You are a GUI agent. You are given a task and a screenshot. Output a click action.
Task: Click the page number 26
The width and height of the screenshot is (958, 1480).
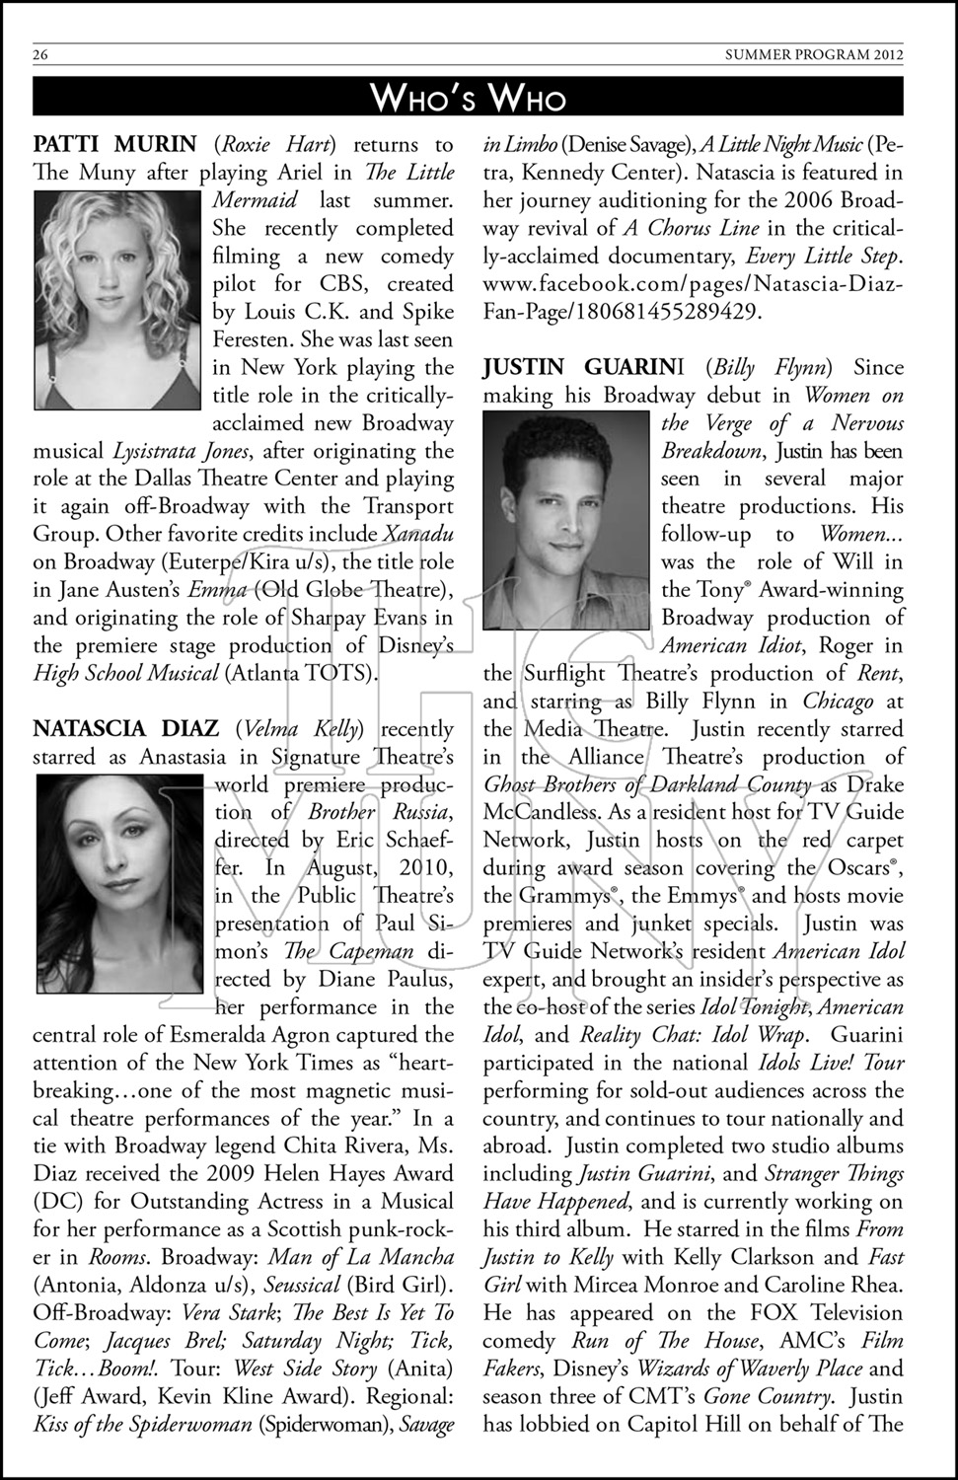[x=40, y=55]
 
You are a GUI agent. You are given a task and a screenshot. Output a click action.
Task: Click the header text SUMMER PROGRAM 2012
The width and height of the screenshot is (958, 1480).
[x=814, y=55]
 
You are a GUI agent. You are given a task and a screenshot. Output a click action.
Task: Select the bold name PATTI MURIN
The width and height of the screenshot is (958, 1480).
[x=115, y=145]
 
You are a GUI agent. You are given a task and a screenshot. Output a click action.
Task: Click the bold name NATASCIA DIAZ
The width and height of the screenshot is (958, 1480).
[x=126, y=729]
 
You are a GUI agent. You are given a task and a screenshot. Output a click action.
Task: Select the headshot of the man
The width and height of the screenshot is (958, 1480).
[x=566, y=520]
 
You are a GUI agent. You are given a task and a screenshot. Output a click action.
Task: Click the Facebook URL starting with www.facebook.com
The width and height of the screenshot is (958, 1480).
[x=693, y=298]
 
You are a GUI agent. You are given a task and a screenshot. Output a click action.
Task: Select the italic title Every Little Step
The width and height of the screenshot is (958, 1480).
[x=822, y=257]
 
